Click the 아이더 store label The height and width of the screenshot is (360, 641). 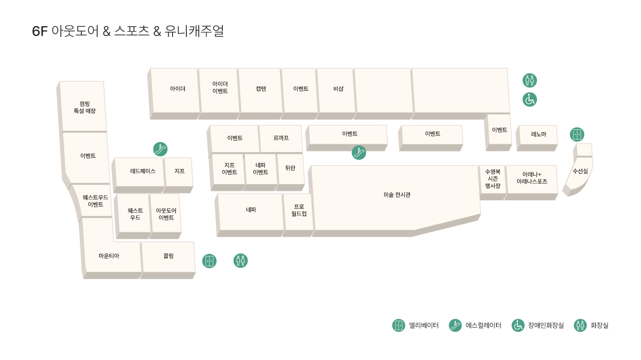pos(178,89)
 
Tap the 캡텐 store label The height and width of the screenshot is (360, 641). pos(261,89)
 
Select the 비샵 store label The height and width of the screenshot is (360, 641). pos(338,89)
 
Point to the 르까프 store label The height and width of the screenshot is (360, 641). pos(281,138)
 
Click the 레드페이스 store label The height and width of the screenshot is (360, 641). pos(142,171)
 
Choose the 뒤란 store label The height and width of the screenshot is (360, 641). pos(290,168)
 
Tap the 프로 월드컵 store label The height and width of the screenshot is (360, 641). pos(299,210)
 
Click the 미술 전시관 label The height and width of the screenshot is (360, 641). pos(397,195)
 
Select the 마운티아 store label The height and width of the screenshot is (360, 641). pos(109,256)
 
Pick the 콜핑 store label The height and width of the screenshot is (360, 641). pos(168,256)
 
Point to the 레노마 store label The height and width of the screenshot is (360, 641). pos(538,134)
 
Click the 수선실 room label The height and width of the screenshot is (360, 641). pos(580,171)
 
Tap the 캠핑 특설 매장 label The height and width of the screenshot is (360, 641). pos(84,108)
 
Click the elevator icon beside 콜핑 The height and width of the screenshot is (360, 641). pos(209,261)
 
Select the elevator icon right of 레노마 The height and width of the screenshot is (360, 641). pos(577,135)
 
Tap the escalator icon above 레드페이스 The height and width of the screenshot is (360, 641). pos(160,149)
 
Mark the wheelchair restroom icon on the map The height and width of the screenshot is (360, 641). pos(530,100)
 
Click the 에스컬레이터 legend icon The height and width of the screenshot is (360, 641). pos(455,325)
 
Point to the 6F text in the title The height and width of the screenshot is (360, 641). pos(39,31)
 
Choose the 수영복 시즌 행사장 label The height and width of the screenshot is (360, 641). pos(493,179)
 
